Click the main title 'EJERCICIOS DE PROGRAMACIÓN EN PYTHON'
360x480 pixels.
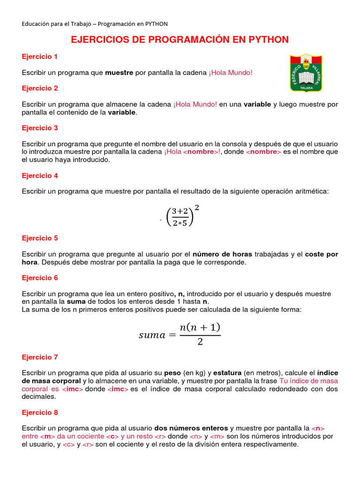coord(180,40)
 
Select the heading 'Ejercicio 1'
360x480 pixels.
coord(40,57)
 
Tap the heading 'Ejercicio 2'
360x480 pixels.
coord(40,88)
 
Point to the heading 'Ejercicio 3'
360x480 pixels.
coord(40,128)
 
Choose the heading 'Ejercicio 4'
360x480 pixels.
coord(40,176)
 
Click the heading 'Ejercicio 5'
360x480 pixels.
coord(40,238)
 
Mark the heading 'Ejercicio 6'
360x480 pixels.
coord(40,278)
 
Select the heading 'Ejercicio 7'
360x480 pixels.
coord(40,357)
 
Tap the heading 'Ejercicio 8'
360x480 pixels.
coord(40,413)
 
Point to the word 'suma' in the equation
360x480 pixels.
coord(152,335)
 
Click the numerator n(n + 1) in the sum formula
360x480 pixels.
coord(200,327)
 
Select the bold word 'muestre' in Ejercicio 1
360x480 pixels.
coord(119,73)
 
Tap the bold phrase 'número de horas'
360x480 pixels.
coord(222,254)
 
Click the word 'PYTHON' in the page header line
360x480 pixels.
coord(156,24)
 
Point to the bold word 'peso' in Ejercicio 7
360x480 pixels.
coord(172,373)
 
